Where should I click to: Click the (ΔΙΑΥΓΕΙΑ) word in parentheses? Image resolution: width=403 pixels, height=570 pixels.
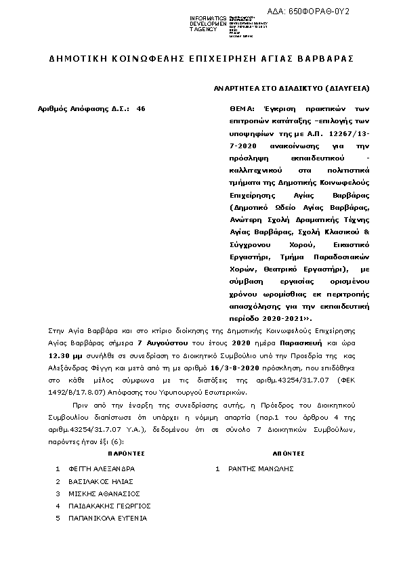[347, 89]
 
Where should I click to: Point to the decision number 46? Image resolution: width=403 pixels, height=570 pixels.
[140, 108]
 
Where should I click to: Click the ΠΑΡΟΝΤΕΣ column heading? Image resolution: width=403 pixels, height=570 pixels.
[126, 453]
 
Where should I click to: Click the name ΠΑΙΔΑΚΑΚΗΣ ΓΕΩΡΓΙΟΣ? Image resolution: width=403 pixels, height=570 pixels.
[110, 506]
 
